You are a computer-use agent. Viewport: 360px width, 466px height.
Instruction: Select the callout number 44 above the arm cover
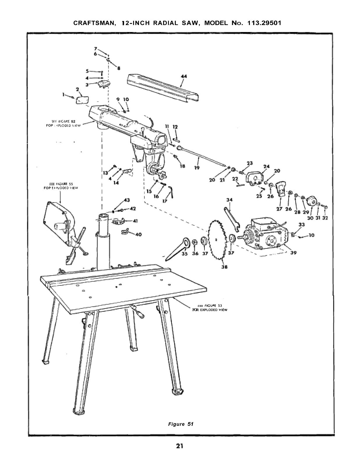point(184,76)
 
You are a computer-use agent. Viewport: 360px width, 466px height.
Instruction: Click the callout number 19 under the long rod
point(197,168)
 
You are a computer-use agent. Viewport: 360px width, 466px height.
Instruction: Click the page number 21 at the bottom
point(179,453)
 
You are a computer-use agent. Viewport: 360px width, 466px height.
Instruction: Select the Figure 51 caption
point(181,424)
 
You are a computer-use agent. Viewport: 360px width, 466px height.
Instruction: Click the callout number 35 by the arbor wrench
point(185,254)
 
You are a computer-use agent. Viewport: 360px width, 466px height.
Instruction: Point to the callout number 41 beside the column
point(135,221)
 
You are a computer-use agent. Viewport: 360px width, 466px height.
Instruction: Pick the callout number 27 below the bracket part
point(279,209)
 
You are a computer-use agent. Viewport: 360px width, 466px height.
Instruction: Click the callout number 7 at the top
point(95,48)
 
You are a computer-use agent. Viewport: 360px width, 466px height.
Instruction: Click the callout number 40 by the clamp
point(139,234)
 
